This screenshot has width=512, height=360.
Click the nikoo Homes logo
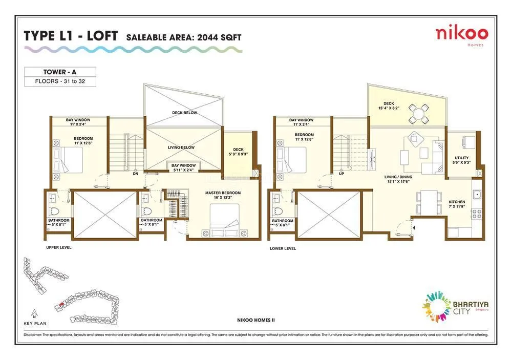point(461,35)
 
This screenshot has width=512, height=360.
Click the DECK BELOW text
point(184,113)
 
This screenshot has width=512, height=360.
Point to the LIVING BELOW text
point(181,147)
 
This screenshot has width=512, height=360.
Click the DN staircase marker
point(135,174)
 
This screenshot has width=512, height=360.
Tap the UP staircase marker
point(341,174)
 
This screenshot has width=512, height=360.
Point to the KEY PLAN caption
point(34,323)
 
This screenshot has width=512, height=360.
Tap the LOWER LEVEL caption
point(283,248)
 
